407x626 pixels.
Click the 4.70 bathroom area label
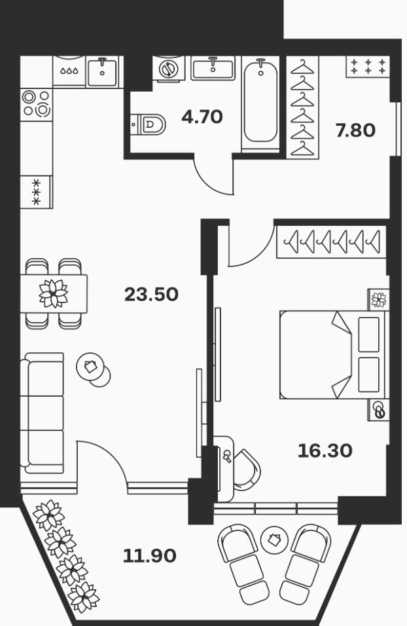[202, 117]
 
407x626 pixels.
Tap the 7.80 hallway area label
[355, 130]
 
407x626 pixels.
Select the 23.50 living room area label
[151, 295]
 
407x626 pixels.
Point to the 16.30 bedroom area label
[325, 451]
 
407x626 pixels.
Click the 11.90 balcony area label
[150, 555]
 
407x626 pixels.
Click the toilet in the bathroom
[149, 124]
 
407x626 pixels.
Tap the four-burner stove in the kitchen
[36, 103]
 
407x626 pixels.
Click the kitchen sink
[102, 72]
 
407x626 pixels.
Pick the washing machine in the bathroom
[168, 69]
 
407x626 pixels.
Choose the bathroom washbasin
[213, 68]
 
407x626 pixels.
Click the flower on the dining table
[53, 293]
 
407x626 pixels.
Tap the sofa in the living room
[42, 413]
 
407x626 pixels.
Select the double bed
[334, 354]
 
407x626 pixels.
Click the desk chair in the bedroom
[246, 469]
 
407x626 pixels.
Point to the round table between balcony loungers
[274, 540]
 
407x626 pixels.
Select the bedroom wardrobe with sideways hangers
[331, 242]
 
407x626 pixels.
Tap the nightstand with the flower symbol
[378, 299]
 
